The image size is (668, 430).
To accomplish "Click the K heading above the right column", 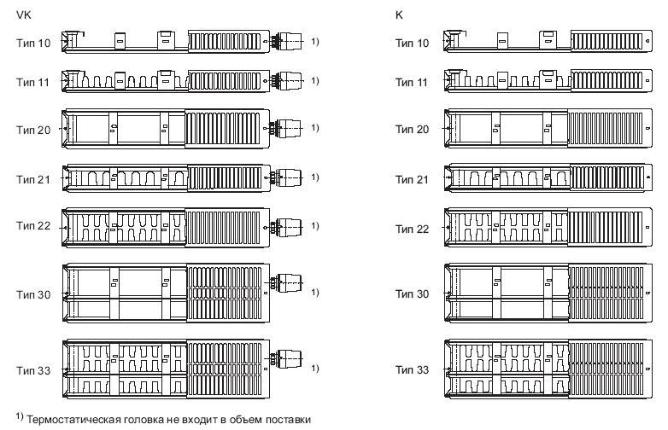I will [399, 15].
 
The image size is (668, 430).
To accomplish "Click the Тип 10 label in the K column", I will [413, 41].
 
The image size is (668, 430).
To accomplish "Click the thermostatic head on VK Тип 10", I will [290, 40].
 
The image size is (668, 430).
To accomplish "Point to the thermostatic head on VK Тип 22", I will [290, 226].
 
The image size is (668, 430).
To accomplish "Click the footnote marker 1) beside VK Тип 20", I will [315, 128].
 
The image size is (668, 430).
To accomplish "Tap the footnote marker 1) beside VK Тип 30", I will [315, 293].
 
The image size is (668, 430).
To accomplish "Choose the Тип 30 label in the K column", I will [413, 293].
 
